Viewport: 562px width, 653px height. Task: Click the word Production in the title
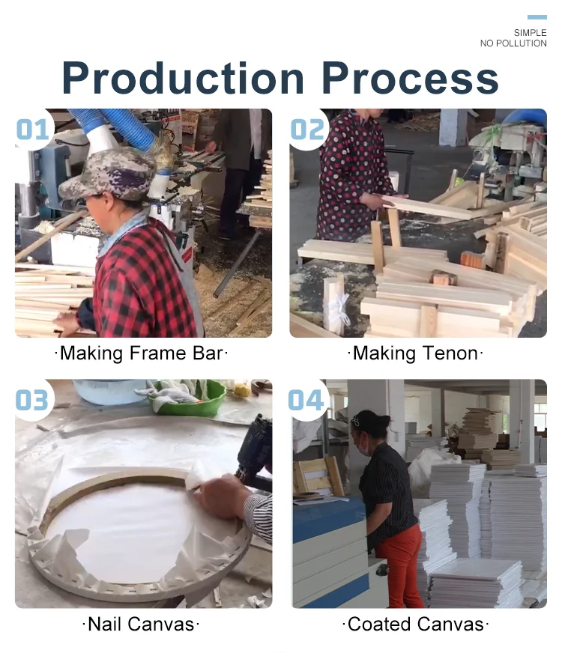(184, 78)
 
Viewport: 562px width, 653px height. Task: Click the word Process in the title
(411, 78)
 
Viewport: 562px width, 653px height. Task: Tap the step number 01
(33, 129)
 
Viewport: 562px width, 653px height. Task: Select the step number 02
(307, 129)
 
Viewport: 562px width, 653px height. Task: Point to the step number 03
(32, 400)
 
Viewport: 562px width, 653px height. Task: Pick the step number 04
(306, 400)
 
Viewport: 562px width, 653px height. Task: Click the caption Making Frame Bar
(141, 353)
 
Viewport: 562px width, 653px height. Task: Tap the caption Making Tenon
(415, 353)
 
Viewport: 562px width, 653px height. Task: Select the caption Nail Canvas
(141, 625)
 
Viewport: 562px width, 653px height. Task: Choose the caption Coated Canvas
(415, 625)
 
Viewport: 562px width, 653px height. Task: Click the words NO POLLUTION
(513, 43)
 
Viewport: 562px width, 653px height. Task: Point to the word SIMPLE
(530, 32)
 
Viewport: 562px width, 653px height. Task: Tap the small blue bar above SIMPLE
(537, 17)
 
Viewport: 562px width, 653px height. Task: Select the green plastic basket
(187, 398)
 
